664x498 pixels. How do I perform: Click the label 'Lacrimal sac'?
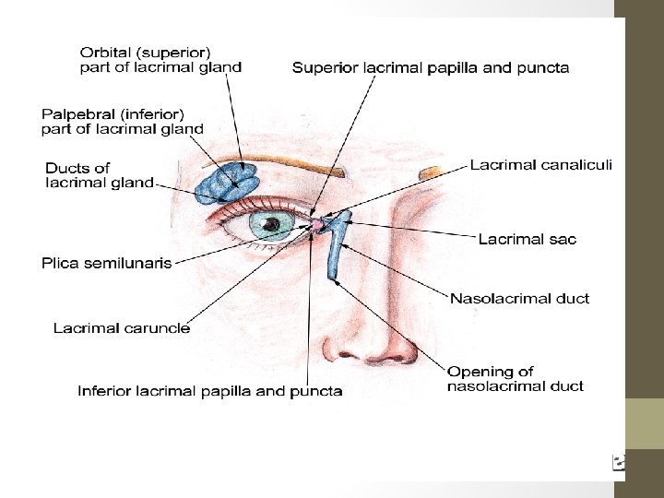click(x=527, y=240)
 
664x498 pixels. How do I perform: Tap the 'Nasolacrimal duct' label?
click(x=519, y=299)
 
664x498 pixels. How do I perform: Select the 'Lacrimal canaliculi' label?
click(x=540, y=166)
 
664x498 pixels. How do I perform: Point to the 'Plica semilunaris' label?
click(x=107, y=264)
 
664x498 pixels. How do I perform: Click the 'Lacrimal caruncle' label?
click(x=122, y=328)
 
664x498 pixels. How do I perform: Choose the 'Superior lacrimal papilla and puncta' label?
click(x=431, y=67)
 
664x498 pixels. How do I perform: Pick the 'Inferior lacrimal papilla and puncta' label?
click(x=210, y=391)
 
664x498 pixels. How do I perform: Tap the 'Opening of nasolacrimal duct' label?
click(x=516, y=379)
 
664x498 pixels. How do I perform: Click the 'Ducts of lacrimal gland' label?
click(x=100, y=175)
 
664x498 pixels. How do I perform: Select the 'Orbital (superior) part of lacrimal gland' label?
click(x=161, y=59)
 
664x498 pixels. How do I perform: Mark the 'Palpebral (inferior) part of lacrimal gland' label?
click(x=123, y=122)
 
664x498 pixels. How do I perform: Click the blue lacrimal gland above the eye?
click(x=228, y=182)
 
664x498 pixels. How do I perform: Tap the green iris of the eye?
click(x=272, y=225)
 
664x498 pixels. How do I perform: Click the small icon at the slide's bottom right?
click(x=619, y=462)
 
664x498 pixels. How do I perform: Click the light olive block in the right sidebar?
click(x=645, y=423)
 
